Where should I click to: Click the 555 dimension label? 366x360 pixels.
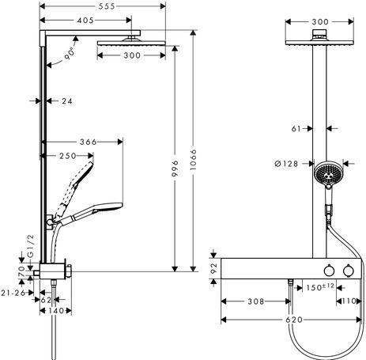(107, 6)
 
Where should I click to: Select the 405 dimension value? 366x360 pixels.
(85, 21)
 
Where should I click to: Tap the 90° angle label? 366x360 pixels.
(70, 54)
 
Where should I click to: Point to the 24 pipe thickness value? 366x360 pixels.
(66, 100)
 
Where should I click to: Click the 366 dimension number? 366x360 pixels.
(89, 142)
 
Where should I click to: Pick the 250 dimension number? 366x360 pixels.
(68, 156)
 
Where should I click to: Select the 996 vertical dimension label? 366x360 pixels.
(175, 168)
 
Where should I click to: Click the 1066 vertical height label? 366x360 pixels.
(193, 160)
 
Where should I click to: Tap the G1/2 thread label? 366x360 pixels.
(31, 246)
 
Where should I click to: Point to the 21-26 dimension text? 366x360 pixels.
(13, 293)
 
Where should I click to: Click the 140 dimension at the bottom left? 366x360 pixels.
(56, 311)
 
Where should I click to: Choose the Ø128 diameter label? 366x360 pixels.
(286, 164)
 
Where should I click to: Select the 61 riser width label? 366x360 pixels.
(296, 129)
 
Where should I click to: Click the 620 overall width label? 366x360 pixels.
(294, 320)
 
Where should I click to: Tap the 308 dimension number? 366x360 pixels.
(256, 301)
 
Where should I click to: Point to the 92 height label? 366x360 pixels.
(213, 268)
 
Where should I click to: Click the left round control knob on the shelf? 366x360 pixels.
(329, 271)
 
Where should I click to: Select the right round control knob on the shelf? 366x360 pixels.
(349, 271)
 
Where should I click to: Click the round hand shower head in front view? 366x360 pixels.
(327, 173)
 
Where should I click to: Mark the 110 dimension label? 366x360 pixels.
(349, 301)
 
